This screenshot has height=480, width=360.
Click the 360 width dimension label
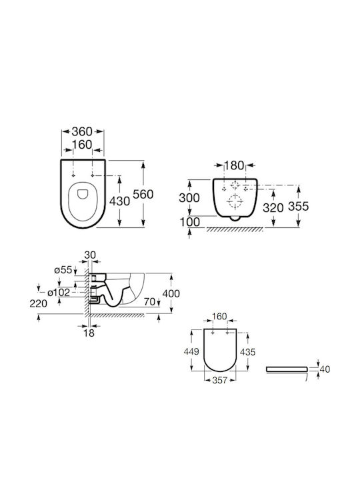82,131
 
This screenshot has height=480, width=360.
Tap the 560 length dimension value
143,194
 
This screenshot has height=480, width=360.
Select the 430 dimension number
120,201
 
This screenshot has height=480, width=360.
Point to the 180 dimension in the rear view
235,165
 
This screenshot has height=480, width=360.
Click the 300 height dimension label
189,198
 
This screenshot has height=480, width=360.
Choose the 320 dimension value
273,208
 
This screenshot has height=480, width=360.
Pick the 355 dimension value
299,206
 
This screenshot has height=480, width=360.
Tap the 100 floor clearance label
189,222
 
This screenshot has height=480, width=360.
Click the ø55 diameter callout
63,270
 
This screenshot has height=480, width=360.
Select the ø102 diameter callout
59,293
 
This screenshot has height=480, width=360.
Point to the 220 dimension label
39,303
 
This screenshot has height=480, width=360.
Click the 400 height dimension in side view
171,293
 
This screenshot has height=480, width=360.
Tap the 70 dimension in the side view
150,301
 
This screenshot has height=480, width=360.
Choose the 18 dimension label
89,333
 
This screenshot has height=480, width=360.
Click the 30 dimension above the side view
90,255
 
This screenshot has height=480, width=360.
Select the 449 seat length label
191,352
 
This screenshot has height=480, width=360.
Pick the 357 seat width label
220,380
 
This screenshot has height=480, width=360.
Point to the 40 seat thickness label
325,369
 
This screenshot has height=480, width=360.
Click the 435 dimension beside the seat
247,352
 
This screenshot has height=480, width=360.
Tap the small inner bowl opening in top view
83,194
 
